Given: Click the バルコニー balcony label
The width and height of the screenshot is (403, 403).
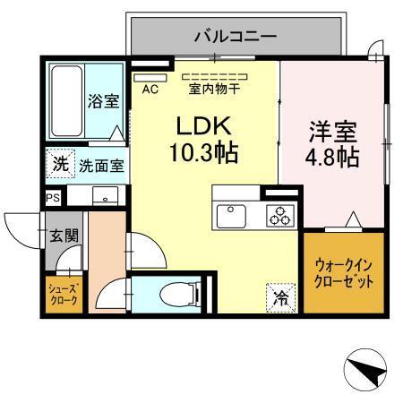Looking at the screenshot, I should pos(236,37).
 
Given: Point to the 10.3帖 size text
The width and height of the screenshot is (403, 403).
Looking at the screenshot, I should pos(203,153).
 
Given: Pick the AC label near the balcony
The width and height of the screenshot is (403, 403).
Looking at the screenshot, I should pos(150,88).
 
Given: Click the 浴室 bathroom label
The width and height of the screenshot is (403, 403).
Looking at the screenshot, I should pos(104,101).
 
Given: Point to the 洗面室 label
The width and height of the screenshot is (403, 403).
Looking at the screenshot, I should pos(100,165).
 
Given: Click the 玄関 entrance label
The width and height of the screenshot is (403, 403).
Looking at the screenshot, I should pos(63,236).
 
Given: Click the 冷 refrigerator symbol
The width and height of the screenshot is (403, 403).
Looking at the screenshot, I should pos(281,293).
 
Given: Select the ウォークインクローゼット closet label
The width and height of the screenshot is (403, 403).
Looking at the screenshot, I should pos(344,273).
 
